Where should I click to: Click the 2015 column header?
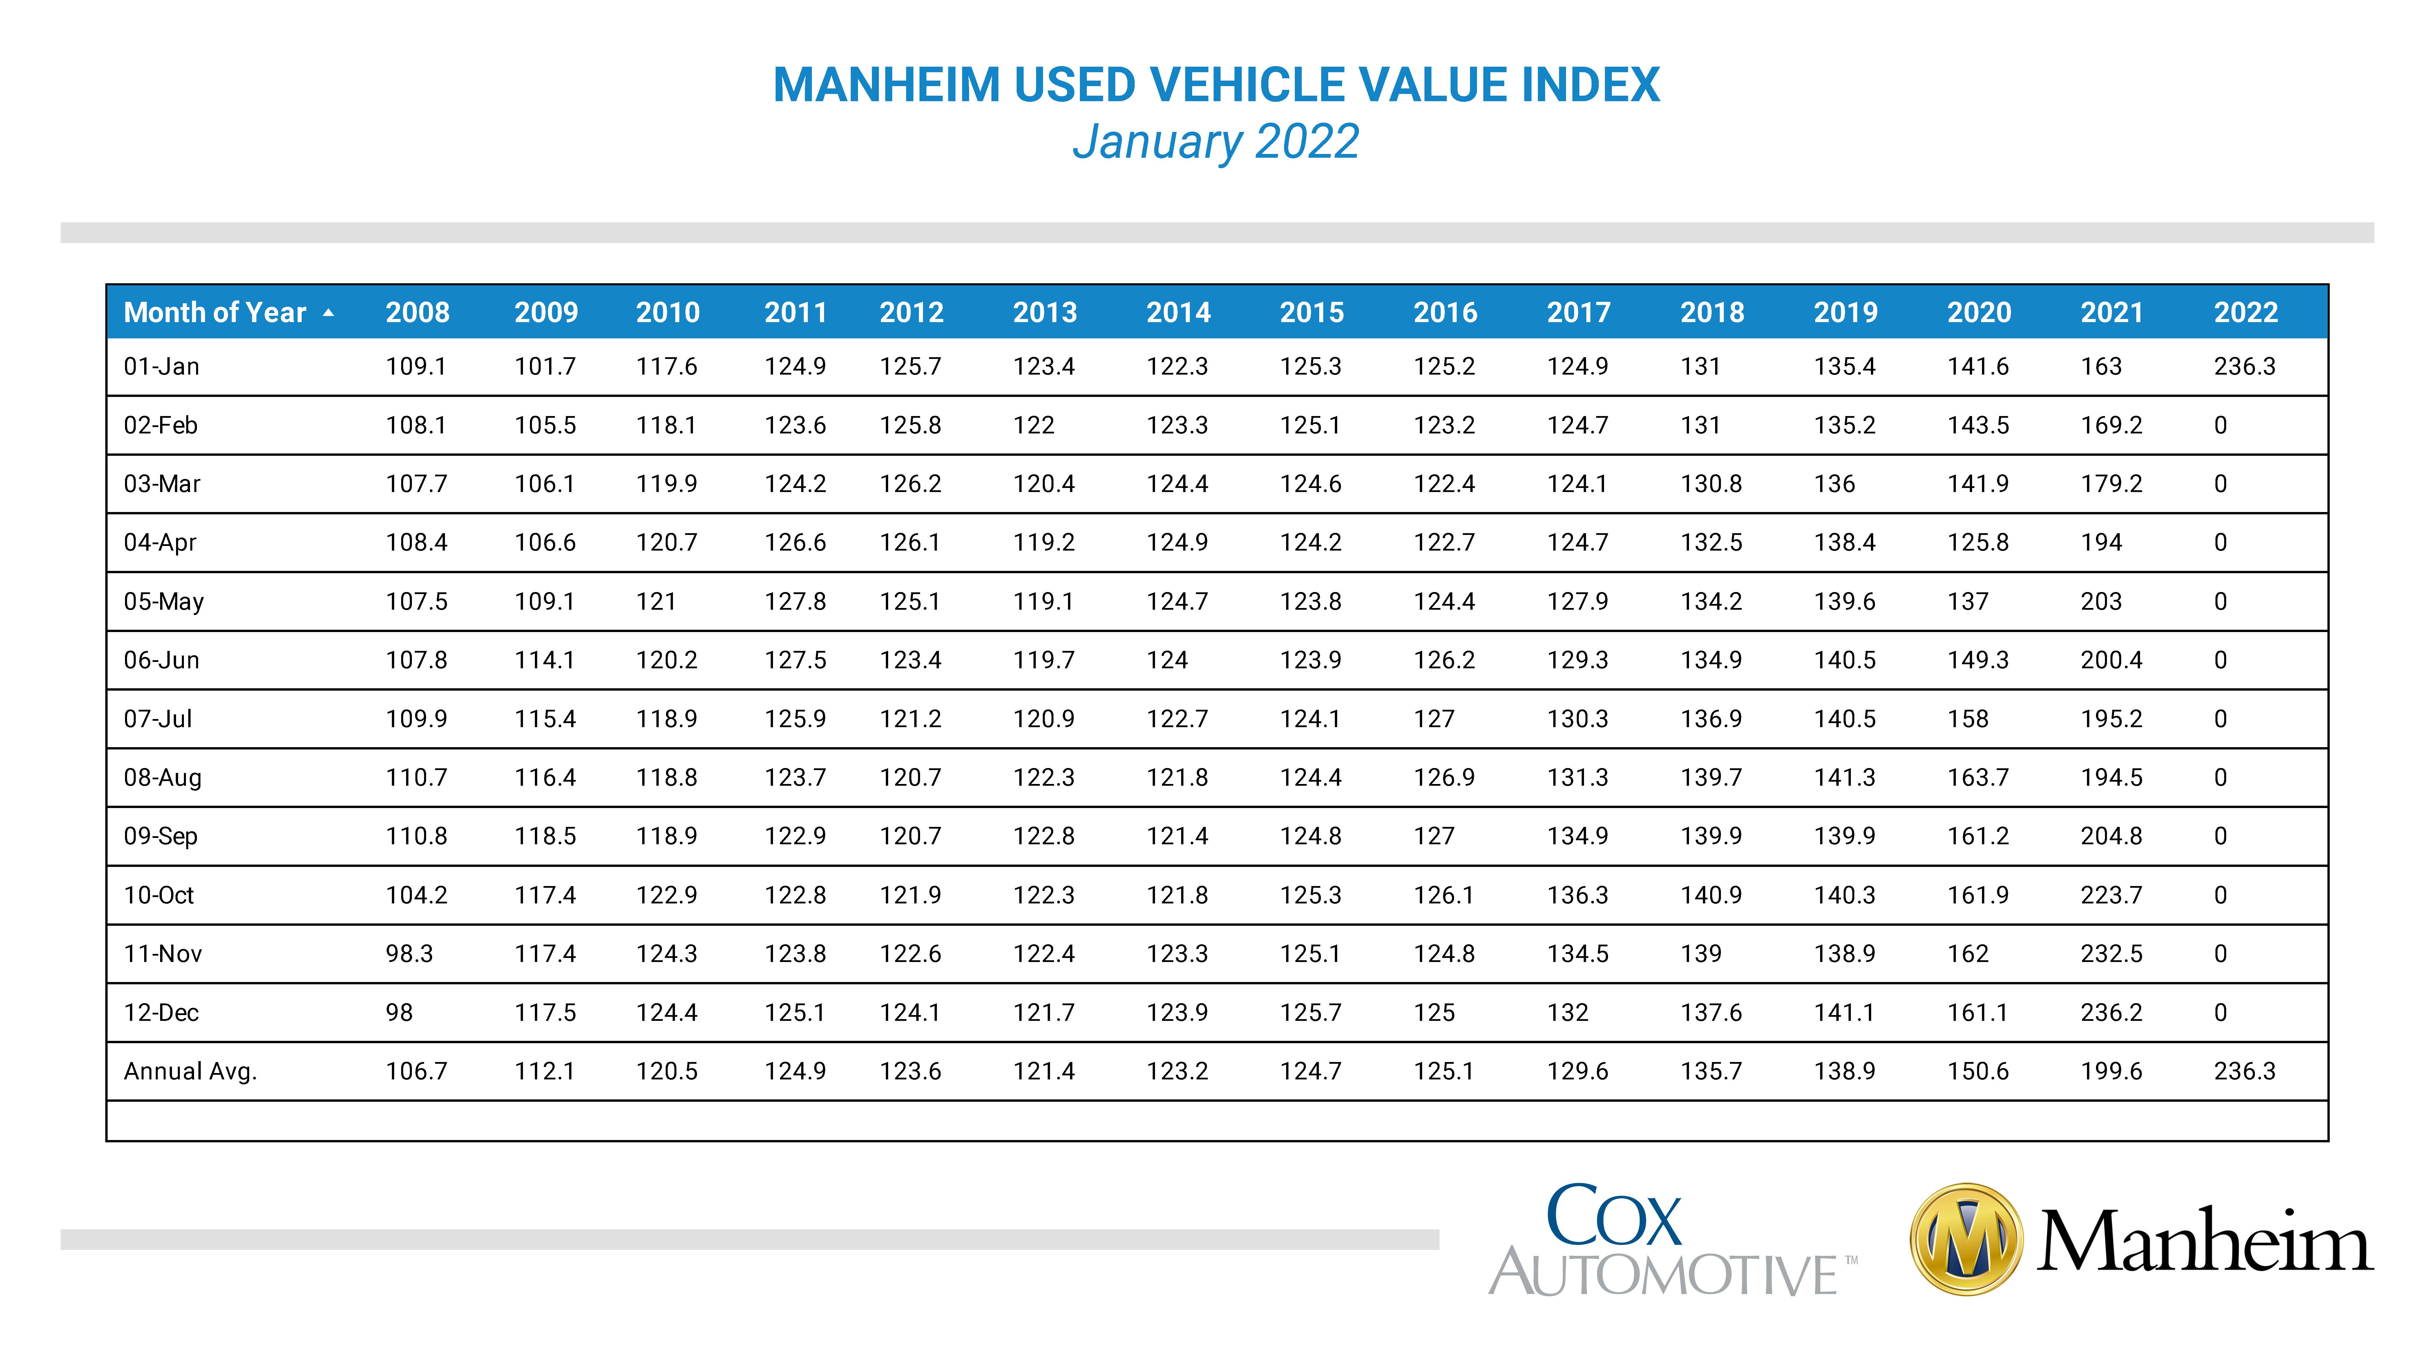tap(1312, 313)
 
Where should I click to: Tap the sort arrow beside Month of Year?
tap(329, 313)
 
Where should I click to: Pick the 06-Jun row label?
tap(162, 660)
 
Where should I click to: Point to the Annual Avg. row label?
tap(191, 1071)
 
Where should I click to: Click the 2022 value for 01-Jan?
tap(2245, 366)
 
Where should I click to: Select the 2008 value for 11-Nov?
tap(409, 953)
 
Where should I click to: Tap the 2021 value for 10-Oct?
tap(2112, 895)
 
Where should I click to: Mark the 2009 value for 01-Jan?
tap(545, 366)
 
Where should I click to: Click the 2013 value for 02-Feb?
tap(1034, 425)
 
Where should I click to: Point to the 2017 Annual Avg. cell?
tap(1577, 1071)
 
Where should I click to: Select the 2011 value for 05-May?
tap(795, 601)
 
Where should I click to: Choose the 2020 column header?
tap(1980, 313)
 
